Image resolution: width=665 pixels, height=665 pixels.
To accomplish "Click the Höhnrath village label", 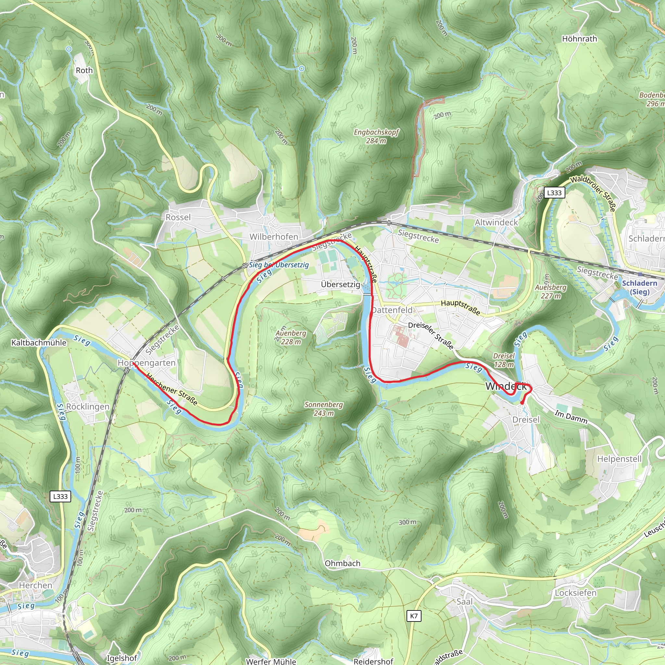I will (x=579, y=39).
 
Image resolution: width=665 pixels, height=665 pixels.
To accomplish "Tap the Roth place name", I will (x=84, y=70).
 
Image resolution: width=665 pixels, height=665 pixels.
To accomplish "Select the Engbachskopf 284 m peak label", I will (x=376, y=136).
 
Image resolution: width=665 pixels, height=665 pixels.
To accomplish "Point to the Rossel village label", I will (x=178, y=217).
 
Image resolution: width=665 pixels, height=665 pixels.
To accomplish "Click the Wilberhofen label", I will (x=274, y=237).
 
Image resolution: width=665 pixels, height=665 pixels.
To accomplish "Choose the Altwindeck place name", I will (x=496, y=222).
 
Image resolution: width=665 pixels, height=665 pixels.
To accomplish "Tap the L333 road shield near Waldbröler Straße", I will (x=554, y=193).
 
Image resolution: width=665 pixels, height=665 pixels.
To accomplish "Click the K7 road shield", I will (x=414, y=616).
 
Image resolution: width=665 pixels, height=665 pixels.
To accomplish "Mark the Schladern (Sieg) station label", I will (x=640, y=287).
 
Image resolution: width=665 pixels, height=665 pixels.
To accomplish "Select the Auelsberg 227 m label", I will (x=551, y=292).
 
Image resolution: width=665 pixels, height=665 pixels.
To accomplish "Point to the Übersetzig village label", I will (x=340, y=284).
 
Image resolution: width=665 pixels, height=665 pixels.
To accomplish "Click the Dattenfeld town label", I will (x=392, y=310).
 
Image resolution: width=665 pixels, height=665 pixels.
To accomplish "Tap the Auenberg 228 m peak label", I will (x=291, y=337).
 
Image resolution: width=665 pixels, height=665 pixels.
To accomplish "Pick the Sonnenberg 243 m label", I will (x=323, y=408).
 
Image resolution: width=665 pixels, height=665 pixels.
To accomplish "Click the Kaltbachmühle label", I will (x=39, y=343).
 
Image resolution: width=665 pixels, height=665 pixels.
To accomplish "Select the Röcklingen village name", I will (x=87, y=407).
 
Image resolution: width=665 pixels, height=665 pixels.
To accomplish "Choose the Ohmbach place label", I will (x=343, y=563).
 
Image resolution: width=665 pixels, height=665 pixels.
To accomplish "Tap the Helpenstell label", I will (x=619, y=459).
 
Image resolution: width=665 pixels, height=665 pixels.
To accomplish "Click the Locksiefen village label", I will (x=575, y=593).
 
